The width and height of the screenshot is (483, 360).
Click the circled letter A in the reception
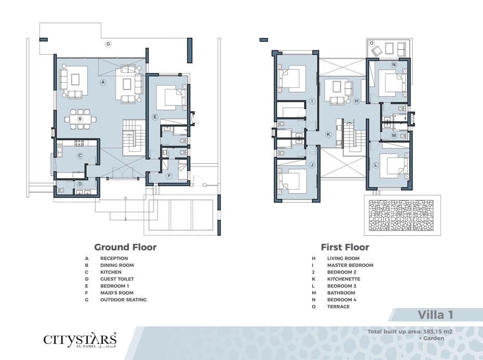(x=103, y=82)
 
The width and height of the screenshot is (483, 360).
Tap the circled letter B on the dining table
(x=80, y=119)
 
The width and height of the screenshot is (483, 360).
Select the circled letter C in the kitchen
(x=80, y=156)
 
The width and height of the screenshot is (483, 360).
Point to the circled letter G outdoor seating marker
(x=108, y=44)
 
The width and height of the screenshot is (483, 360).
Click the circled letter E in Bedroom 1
(x=155, y=117)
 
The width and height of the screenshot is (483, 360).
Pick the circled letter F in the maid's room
(x=169, y=176)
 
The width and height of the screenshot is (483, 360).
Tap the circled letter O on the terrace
(x=372, y=43)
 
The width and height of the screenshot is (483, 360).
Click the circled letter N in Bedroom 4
(x=394, y=64)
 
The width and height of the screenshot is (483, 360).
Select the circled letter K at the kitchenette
(x=329, y=134)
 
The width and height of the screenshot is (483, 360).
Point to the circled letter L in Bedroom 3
(x=375, y=165)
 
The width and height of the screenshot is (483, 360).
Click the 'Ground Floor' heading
(x=125, y=247)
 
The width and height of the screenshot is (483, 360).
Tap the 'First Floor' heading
(x=345, y=247)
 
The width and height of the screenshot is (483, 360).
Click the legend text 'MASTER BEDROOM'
(x=350, y=265)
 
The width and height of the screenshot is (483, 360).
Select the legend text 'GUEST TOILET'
(x=117, y=279)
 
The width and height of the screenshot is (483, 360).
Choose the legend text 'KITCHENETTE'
(x=344, y=279)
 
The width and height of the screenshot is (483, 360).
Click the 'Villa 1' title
(x=435, y=315)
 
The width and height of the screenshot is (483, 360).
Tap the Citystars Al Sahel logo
(x=80, y=340)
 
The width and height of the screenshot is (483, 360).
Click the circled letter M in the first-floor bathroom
(x=394, y=136)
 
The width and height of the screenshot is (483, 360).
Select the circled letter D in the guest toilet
(x=80, y=184)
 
